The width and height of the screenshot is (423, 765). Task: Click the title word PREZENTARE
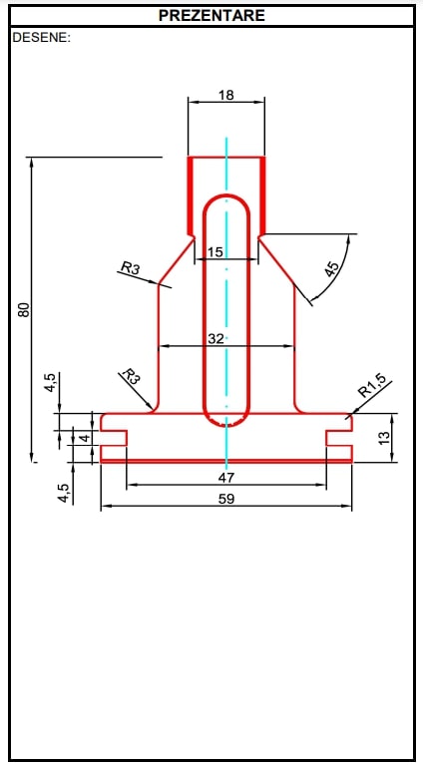211,16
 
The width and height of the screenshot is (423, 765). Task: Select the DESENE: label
41,38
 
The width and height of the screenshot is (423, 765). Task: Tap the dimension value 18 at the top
226,95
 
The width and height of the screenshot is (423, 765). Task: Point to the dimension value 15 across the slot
214,253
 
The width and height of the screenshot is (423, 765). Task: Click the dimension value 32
215,339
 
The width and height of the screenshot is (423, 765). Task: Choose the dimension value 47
226,478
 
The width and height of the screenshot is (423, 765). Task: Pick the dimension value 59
226,499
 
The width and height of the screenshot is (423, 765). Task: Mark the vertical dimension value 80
24,310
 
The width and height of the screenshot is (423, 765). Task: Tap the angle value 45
332,267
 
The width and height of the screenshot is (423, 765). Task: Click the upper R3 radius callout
131,267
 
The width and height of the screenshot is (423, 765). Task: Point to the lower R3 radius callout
130,377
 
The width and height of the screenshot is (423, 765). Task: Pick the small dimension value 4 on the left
85,437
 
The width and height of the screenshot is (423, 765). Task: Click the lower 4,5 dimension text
63,492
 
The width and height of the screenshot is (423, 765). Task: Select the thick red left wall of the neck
193,194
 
